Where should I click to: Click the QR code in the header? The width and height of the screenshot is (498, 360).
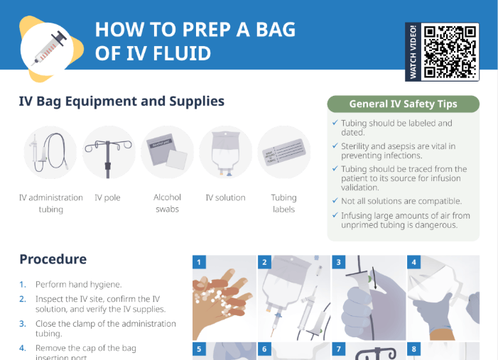click(450, 52)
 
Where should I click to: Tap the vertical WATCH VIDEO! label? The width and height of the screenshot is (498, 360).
click(413, 52)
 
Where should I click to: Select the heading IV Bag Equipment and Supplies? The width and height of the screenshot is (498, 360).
click(121, 102)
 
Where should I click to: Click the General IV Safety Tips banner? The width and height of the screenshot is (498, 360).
click(403, 104)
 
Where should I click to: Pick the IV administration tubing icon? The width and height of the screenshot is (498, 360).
click(50, 152)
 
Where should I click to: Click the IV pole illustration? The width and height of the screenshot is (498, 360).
click(108, 152)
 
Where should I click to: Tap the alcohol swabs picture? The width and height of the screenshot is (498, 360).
click(167, 152)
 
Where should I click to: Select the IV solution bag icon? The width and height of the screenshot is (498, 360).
click(225, 152)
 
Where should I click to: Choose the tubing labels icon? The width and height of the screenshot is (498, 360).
click(283, 152)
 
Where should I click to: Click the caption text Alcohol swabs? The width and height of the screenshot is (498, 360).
click(167, 203)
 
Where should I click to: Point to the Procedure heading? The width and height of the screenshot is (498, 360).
click(53, 259)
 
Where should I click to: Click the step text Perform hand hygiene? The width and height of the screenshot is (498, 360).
click(79, 284)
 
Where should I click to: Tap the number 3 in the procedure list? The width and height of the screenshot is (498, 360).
click(22, 323)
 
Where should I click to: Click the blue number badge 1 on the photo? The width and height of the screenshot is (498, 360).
click(200, 262)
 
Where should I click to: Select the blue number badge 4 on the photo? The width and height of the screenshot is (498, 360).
click(413, 262)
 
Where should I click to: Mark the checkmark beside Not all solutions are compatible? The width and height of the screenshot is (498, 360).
click(335, 201)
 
